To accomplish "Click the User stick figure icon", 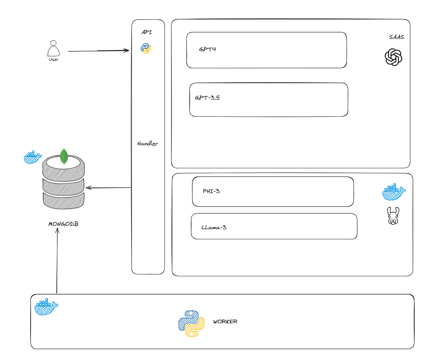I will tap(53, 48).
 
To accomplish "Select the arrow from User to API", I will tap(98, 51).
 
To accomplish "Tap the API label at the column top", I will tap(147, 32).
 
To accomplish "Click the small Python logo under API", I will tap(146, 48).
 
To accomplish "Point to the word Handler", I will tap(148, 144).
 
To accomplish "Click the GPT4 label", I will tap(207, 49).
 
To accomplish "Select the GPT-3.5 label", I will tap(207, 98).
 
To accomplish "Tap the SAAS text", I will tap(396, 37).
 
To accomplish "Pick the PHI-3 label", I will tap(211, 191).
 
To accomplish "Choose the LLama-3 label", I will tap(214, 228).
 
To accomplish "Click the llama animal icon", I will tap(393, 216).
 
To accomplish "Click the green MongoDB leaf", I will tap(64, 156).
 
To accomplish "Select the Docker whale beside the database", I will tap(32, 157).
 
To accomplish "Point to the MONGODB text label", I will tap(63, 224).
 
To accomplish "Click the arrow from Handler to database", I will tap(109, 188).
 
